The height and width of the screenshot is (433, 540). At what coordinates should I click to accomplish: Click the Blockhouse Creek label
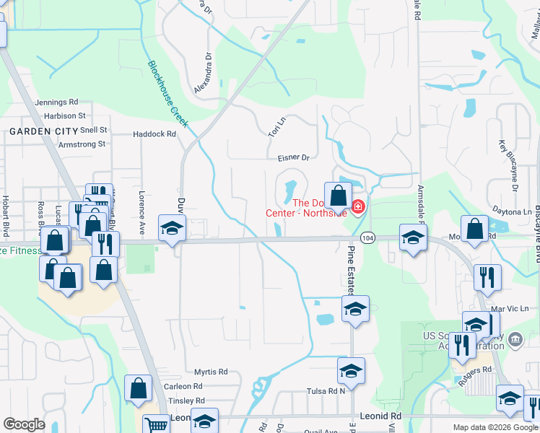[167, 94]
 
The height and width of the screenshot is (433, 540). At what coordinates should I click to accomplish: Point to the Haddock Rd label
[154, 134]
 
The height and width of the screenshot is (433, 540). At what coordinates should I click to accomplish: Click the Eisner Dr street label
[292, 157]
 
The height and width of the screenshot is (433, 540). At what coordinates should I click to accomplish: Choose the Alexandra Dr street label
[203, 72]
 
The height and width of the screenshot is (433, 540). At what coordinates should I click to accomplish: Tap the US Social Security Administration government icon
[515, 339]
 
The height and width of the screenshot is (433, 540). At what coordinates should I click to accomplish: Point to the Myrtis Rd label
[211, 372]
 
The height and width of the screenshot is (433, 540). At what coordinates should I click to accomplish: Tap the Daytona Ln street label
[513, 212]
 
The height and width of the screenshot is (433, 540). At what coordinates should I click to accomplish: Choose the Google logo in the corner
[24, 424]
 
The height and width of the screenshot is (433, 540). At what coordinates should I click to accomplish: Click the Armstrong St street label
[82, 144]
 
